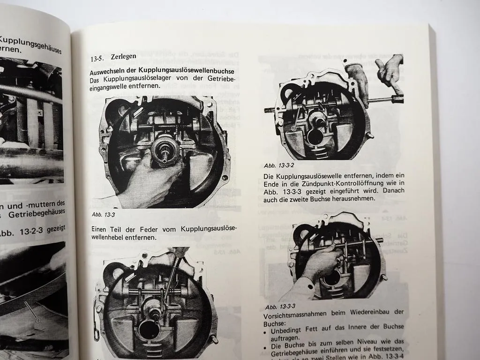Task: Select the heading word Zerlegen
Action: click(x=123, y=57)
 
